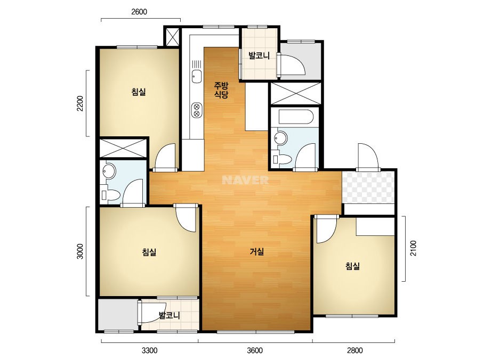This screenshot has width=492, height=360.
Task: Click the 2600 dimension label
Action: pos(139,12)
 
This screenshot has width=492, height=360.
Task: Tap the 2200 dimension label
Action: pos(80,103)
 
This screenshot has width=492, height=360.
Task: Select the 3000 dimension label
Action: pos(80,251)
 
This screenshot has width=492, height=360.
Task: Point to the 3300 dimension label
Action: pos(149,350)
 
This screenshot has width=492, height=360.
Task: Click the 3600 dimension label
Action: pos(255,350)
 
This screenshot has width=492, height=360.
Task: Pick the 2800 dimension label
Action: pos(354,350)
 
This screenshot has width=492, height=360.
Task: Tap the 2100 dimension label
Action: pos(413,248)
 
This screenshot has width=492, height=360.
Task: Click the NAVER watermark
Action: pos(245,180)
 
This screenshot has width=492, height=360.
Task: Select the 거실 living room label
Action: pos(257,251)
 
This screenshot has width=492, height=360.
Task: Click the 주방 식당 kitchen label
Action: pos(221,90)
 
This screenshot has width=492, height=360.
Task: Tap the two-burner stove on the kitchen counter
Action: pos(197,110)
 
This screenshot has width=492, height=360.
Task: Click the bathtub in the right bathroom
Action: pos(296,117)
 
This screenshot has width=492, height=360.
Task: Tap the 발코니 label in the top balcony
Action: pos(259,56)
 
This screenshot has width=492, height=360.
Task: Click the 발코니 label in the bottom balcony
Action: pos(170,315)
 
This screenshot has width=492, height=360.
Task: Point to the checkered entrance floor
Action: pos(368,187)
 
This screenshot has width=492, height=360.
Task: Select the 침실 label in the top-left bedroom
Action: pos(139,92)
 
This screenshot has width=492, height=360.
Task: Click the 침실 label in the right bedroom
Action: pos(352,266)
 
